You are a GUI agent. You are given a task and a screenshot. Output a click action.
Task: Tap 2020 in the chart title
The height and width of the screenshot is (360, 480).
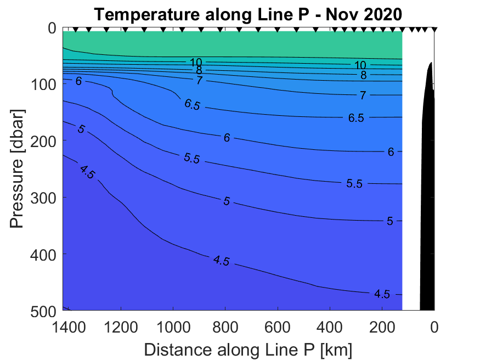(379, 15)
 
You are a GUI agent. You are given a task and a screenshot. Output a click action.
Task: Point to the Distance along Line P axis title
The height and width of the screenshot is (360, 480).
(248, 349)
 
